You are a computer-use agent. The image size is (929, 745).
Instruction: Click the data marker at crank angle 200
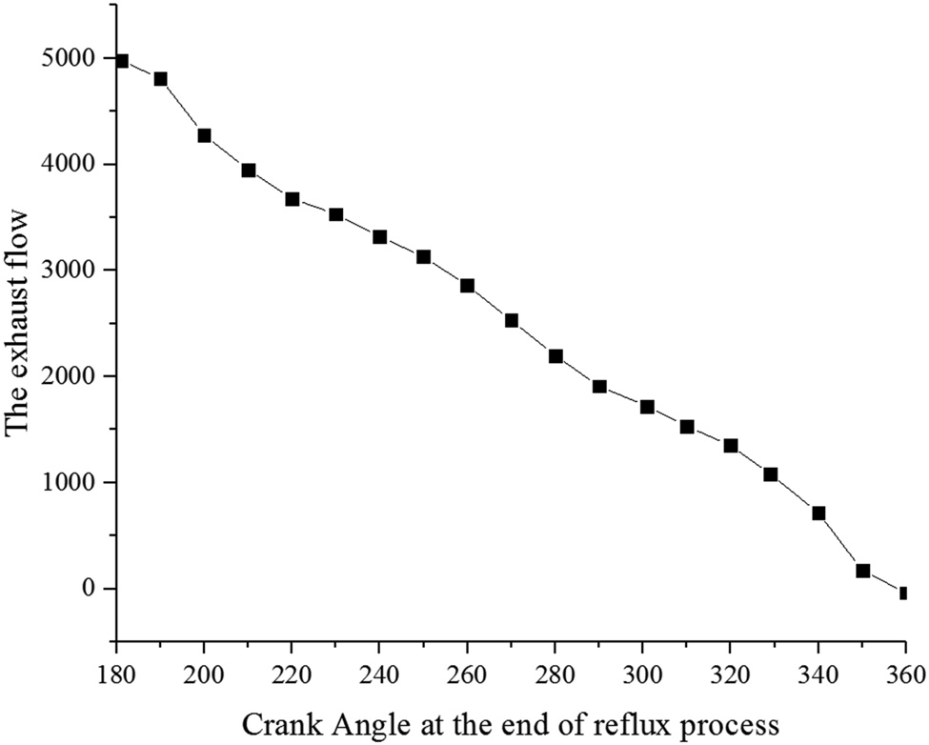coord(204,135)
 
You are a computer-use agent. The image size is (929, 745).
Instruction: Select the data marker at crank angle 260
coord(467,286)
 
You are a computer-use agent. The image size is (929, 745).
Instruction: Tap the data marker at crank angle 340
coord(818,513)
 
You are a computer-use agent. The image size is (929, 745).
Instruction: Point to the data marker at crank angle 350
coord(862,571)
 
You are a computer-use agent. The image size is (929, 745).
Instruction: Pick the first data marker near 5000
coord(121,61)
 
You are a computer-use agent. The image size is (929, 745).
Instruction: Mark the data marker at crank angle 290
coord(599,387)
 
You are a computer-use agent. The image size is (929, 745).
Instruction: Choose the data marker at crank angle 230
coord(335,214)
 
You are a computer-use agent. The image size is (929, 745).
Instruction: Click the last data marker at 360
coord(902,593)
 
